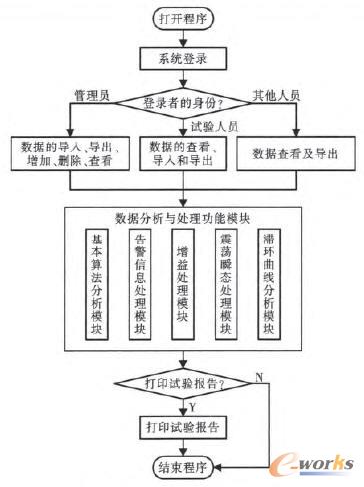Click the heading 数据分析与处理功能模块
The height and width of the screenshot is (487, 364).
click(181, 218)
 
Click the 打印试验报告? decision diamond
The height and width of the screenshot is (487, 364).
click(181, 382)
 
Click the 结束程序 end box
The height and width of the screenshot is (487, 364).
click(181, 467)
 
